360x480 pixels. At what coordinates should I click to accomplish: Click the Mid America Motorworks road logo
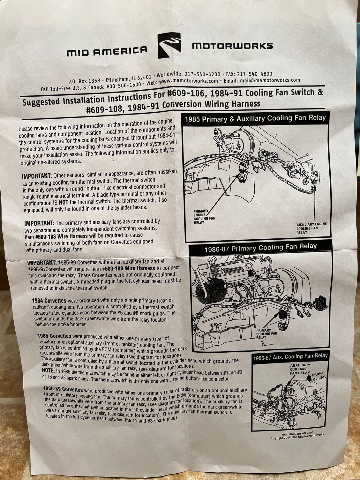point(169,46)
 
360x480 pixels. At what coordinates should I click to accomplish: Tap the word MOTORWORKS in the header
point(232,46)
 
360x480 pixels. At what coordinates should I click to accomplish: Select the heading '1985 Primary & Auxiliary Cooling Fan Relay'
point(255,118)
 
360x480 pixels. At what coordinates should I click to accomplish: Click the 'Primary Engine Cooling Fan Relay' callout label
point(204,217)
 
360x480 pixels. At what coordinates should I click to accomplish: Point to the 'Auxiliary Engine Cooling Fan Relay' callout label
point(311,228)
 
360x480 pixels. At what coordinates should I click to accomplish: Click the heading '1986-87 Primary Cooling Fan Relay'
point(260,248)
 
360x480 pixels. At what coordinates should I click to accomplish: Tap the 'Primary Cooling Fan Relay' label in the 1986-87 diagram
point(267,334)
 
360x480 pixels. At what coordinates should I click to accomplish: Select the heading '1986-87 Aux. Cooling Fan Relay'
point(290,357)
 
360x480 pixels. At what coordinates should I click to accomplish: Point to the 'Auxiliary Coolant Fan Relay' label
point(300,369)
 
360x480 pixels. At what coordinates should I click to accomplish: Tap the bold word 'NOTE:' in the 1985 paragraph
point(48,371)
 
